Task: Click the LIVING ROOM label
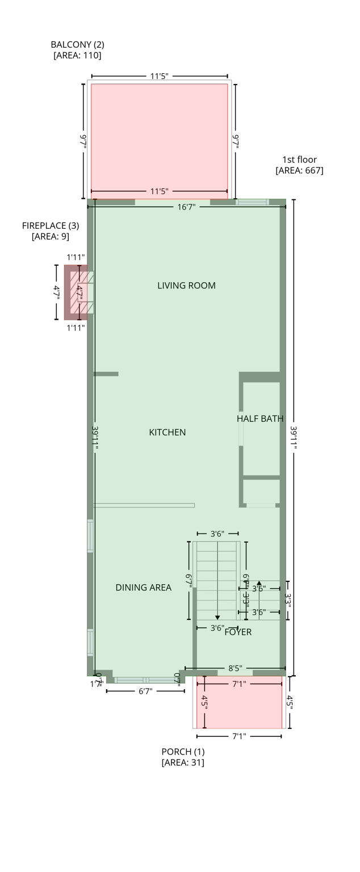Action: [186, 286]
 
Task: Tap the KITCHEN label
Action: [167, 433]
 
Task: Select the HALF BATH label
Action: [260, 419]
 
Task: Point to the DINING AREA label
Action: [143, 588]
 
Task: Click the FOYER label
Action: [238, 632]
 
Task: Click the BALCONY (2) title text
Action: [77, 44]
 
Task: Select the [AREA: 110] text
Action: [77, 55]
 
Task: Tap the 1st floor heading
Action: [299, 160]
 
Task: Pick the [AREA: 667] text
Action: [299, 170]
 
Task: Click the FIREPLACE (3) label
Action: [51, 225]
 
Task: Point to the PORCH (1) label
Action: [183, 752]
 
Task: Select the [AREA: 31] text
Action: [183, 762]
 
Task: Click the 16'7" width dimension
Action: [186, 207]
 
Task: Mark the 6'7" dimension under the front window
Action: [145, 691]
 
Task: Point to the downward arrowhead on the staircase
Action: [217, 618]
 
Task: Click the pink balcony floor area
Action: [159, 136]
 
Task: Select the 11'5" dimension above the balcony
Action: [159, 76]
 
